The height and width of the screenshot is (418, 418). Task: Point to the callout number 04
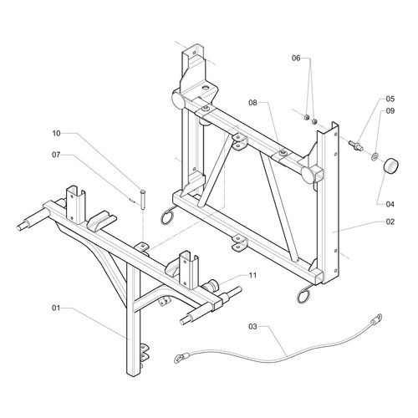point(390,201)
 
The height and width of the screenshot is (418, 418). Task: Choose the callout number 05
point(390,99)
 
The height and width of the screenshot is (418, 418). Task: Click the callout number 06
point(295,58)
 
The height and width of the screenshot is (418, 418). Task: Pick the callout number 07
point(56,154)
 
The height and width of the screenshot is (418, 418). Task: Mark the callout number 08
point(252,103)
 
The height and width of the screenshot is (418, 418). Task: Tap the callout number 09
point(390,111)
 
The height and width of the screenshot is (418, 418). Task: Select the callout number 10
point(56,133)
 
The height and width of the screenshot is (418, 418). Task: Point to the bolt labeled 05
point(359,149)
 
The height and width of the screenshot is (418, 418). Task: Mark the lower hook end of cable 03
point(178,359)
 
